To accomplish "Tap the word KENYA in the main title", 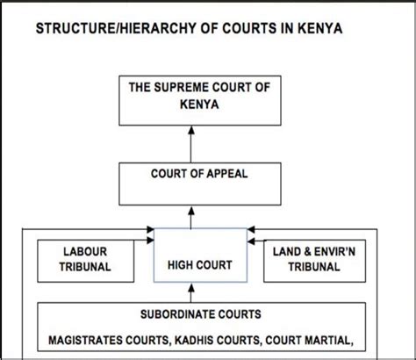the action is (x=320, y=28).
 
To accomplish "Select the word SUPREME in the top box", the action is (x=182, y=87).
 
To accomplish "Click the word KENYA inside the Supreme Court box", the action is (x=199, y=104).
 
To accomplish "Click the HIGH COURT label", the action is (x=200, y=265).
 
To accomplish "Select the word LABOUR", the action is (x=85, y=252).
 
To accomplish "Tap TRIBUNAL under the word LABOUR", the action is (x=85, y=267).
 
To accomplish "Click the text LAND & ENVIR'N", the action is (x=314, y=252).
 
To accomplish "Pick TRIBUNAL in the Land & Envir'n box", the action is (x=314, y=267).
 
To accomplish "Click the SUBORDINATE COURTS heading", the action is (x=201, y=314).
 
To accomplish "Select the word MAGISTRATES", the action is (x=85, y=340).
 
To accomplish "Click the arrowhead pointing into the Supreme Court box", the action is (x=191, y=130).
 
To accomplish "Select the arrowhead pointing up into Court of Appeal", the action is (x=191, y=211).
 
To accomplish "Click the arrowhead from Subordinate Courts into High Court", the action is (x=191, y=288).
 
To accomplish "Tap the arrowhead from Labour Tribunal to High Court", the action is (x=150, y=241).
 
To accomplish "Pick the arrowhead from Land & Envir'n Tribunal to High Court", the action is (x=251, y=241).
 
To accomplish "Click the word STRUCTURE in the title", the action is (x=75, y=28).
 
